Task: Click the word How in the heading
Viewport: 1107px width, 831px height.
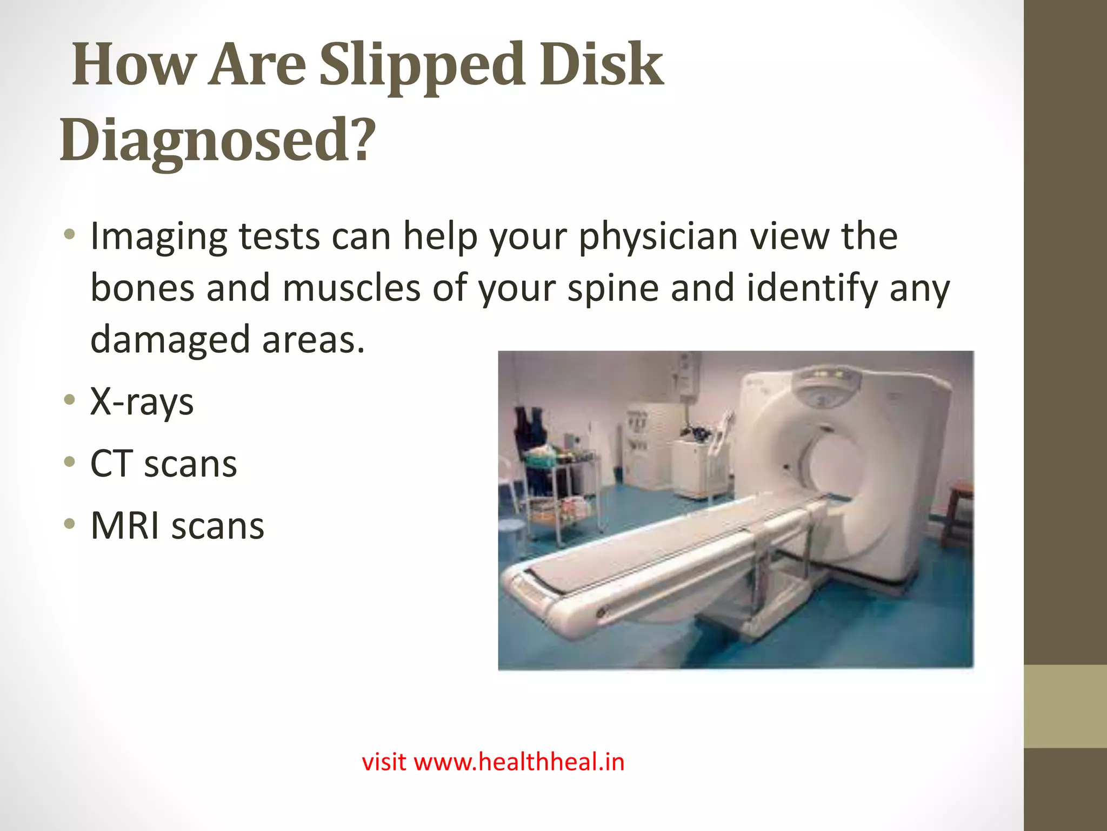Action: click(x=132, y=66)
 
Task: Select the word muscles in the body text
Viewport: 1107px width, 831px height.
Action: click(x=351, y=288)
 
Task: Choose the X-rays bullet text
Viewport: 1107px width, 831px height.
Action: click(x=142, y=403)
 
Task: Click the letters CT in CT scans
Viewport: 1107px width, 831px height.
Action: click(x=110, y=464)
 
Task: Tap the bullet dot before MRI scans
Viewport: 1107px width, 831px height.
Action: click(x=69, y=524)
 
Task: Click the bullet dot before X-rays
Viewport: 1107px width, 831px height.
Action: click(x=69, y=401)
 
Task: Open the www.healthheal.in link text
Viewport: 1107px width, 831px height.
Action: click(x=518, y=762)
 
